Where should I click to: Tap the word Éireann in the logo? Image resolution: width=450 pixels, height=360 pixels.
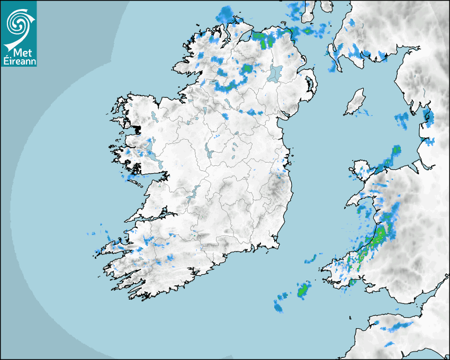tap(19, 60)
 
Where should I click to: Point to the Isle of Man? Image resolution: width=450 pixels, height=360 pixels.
tap(355, 102)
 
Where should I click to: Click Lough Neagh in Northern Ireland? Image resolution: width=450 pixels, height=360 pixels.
tap(275, 73)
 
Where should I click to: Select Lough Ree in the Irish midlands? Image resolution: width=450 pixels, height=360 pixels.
tap(209, 151)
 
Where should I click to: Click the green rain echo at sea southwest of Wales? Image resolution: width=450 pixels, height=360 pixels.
tap(303, 290)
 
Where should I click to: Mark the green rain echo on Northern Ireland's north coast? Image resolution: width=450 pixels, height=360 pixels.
tap(259, 37)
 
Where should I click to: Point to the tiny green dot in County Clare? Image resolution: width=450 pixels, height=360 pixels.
tap(159, 186)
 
